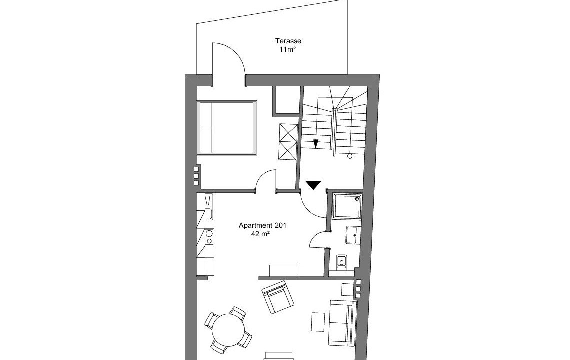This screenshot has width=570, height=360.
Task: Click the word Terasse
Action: [288, 41]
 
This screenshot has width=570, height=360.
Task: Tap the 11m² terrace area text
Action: [287, 50]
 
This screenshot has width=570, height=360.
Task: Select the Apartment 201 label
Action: [262, 225]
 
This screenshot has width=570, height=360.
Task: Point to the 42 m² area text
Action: [260, 234]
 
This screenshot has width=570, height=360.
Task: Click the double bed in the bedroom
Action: [226, 128]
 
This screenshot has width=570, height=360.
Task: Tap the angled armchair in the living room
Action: [277, 297]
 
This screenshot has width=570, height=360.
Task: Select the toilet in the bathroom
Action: [341, 262]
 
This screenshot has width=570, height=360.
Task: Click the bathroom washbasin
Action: [352, 235]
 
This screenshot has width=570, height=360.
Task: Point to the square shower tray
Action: [348, 206]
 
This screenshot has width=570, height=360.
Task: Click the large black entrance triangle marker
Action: [313, 185]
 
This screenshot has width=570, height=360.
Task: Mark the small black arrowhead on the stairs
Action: [316, 144]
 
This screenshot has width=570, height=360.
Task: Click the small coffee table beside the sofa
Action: [317, 322]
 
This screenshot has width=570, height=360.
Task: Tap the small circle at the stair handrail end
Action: [350, 156]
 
